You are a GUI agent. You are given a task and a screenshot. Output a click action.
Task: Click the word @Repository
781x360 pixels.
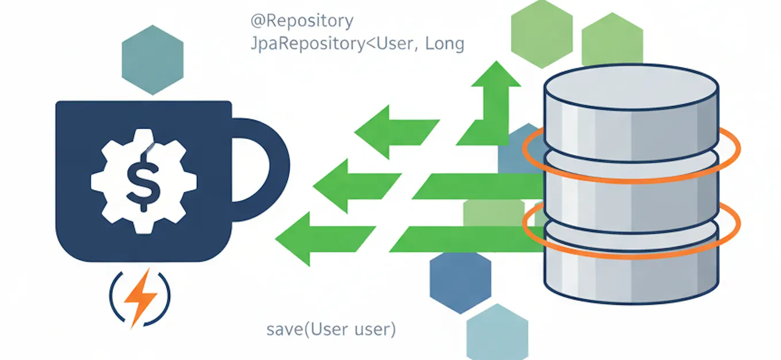coord(301,22)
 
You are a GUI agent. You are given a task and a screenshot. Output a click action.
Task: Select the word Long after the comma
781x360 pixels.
coord(444,44)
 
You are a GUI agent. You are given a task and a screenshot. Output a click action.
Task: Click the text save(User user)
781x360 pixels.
coord(331,330)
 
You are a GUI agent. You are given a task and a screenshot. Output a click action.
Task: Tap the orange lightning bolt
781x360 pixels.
coord(140,296)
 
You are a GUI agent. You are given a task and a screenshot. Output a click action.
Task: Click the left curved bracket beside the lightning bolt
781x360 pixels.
coord(113,294)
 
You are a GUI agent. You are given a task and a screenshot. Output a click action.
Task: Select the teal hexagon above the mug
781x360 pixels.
coord(152,59)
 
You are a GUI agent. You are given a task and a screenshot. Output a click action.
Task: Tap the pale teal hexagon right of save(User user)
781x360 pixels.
coord(497,334)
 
